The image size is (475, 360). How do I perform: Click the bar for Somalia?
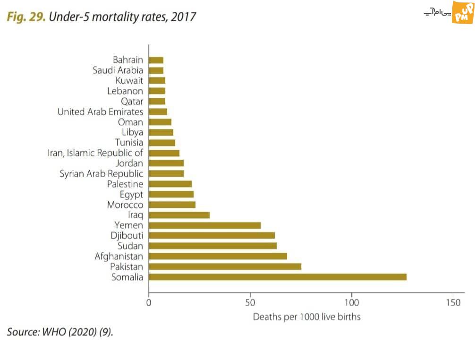278,277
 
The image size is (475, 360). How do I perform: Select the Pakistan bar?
225,266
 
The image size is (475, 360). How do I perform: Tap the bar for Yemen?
204,225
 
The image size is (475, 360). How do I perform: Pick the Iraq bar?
179,215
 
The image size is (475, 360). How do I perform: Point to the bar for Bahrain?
156,60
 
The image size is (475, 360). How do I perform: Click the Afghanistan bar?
218,256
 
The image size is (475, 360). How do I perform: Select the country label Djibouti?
127,235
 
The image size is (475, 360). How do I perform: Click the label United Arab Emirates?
100,112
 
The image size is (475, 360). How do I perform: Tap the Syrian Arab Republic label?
101,174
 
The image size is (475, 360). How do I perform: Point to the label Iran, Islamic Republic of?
95,153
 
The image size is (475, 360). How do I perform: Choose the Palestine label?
125,184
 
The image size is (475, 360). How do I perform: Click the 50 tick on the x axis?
250,302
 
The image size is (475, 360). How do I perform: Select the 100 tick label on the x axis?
352,302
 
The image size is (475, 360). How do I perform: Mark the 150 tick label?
453,302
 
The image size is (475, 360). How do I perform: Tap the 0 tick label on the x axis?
149,302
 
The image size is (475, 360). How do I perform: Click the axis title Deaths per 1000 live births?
306,317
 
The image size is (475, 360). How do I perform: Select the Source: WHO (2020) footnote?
60,332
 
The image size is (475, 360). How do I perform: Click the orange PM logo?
462,11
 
